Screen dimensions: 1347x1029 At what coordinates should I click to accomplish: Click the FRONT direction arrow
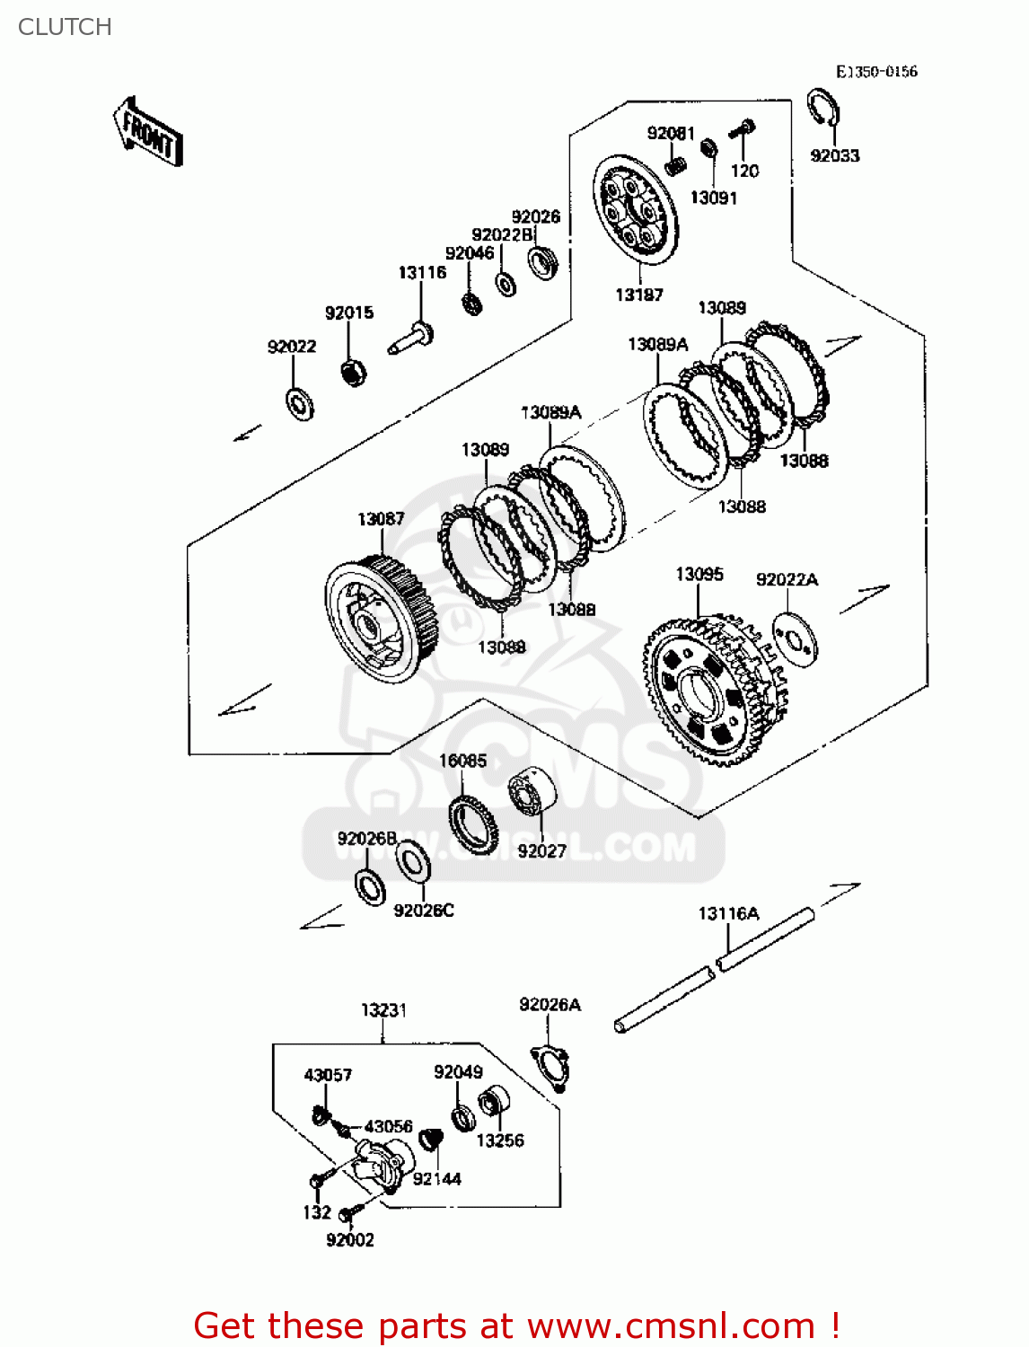[149, 133]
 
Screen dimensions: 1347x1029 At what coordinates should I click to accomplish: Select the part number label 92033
[834, 155]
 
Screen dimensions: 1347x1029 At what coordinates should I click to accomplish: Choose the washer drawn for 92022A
[795, 638]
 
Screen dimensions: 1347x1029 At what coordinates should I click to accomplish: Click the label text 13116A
[728, 913]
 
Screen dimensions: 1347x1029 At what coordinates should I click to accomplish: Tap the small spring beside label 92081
[676, 165]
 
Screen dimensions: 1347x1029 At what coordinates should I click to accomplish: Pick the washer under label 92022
[299, 403]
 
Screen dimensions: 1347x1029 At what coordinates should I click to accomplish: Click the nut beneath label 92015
[353, 370]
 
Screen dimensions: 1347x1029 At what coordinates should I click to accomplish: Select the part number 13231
[383, 1010]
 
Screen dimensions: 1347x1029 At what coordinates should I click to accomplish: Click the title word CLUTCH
[65, 27]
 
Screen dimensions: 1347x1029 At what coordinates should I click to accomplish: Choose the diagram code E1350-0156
[876, 72]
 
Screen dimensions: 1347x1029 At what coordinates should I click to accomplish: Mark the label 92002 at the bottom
[349, 1240]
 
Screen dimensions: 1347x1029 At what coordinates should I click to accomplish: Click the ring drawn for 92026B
[370, 886]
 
